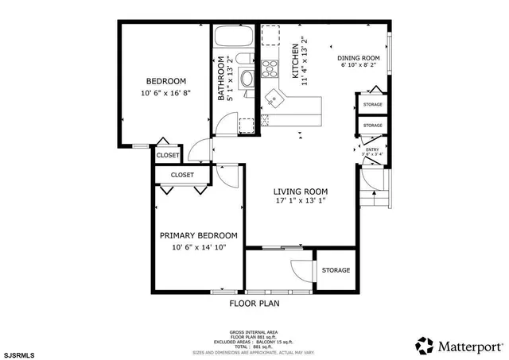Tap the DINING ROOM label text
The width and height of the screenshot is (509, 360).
tap(358, 58)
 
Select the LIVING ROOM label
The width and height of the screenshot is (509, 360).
tap(301, 192)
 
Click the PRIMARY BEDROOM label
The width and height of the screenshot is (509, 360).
tap(198, 236)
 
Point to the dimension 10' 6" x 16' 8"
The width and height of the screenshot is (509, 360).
tap(165, 94)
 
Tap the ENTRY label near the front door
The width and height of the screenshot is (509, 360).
tap(371, 149)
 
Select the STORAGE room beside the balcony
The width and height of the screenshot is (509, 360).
tap(336, 271)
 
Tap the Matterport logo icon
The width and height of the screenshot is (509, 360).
tap(425, 346)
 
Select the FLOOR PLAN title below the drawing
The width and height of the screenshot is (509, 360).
tap(254, 303)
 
